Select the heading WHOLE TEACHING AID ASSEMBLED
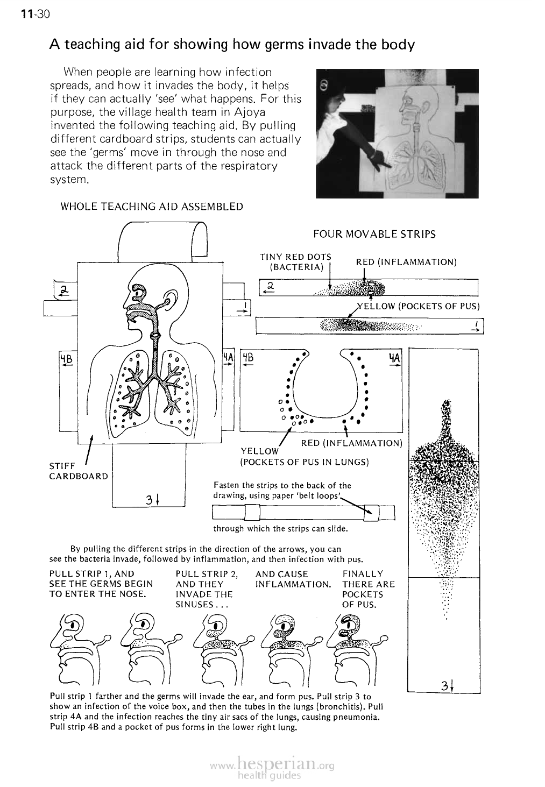152,207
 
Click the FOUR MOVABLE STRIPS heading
374,234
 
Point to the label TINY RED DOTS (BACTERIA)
295,262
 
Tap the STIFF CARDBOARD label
70,471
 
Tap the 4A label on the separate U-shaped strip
394,358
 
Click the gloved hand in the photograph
383,157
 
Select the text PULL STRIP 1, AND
91,574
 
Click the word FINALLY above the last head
363,574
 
